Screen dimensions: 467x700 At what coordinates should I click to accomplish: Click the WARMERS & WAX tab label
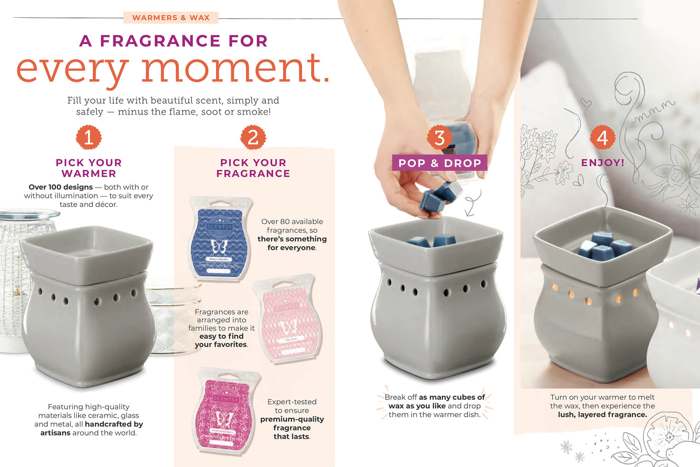pyautogui.click(x=171, y=18)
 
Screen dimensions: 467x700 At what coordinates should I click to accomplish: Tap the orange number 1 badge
pyautogui.click(x=89, y=137)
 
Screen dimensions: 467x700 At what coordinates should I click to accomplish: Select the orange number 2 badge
pyautogui.click(x=253, y=137)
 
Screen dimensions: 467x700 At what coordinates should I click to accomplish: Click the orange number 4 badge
pyautogui.click(x=602, y=137)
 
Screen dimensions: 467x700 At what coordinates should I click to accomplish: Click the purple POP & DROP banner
pyautogui.click(x=440, y=163)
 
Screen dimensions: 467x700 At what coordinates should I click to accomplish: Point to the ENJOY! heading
pyautogui.click(x=603, y=162)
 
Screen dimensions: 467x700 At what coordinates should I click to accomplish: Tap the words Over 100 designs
pyautogui.click(x=61, y=187)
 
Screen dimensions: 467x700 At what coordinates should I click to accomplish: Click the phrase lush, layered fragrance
pyautogui.click(x=602, y=414)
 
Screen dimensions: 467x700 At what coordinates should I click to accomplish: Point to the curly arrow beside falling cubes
pyautogui.click(x=472, y=203)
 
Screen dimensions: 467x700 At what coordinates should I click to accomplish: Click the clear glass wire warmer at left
pyautogui.click(x=17, y=273)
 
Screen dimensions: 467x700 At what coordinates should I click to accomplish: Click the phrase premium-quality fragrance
pyautogui.click(x=292, y=423)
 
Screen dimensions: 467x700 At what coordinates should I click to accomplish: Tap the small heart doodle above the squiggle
pyautogui.click(x=586, y=103)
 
